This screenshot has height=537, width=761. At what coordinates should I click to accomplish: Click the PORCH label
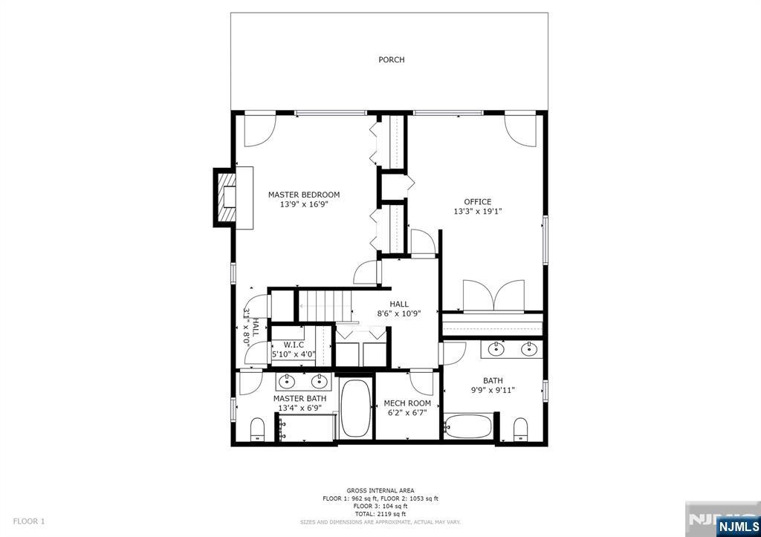click(391, 59)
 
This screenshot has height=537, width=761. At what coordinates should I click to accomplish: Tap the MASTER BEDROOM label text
click(304, 195)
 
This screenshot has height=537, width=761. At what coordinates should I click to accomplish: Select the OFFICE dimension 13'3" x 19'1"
click(477, 211)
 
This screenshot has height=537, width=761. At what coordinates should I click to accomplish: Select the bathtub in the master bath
click(355, 410)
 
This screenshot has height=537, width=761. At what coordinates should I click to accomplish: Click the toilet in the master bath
click(257, 429)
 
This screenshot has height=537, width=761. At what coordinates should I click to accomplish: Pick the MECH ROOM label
click(407, 403)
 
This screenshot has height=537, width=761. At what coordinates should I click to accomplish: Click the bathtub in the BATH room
click(467, 426)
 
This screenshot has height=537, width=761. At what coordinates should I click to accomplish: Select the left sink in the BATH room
click(496, 349)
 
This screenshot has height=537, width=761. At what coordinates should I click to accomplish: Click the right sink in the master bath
click(320, 382)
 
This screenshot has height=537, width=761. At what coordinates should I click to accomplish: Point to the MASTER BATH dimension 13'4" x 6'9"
click(299, 407)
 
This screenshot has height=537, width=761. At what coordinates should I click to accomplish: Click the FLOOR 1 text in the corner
click(29, 521)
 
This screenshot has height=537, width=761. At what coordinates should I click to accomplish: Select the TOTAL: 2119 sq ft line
click(380, 514)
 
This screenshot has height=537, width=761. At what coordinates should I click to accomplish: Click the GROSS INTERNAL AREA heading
click(380, 491)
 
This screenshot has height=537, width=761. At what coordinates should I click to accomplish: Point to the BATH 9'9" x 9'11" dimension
click(493, 390)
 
